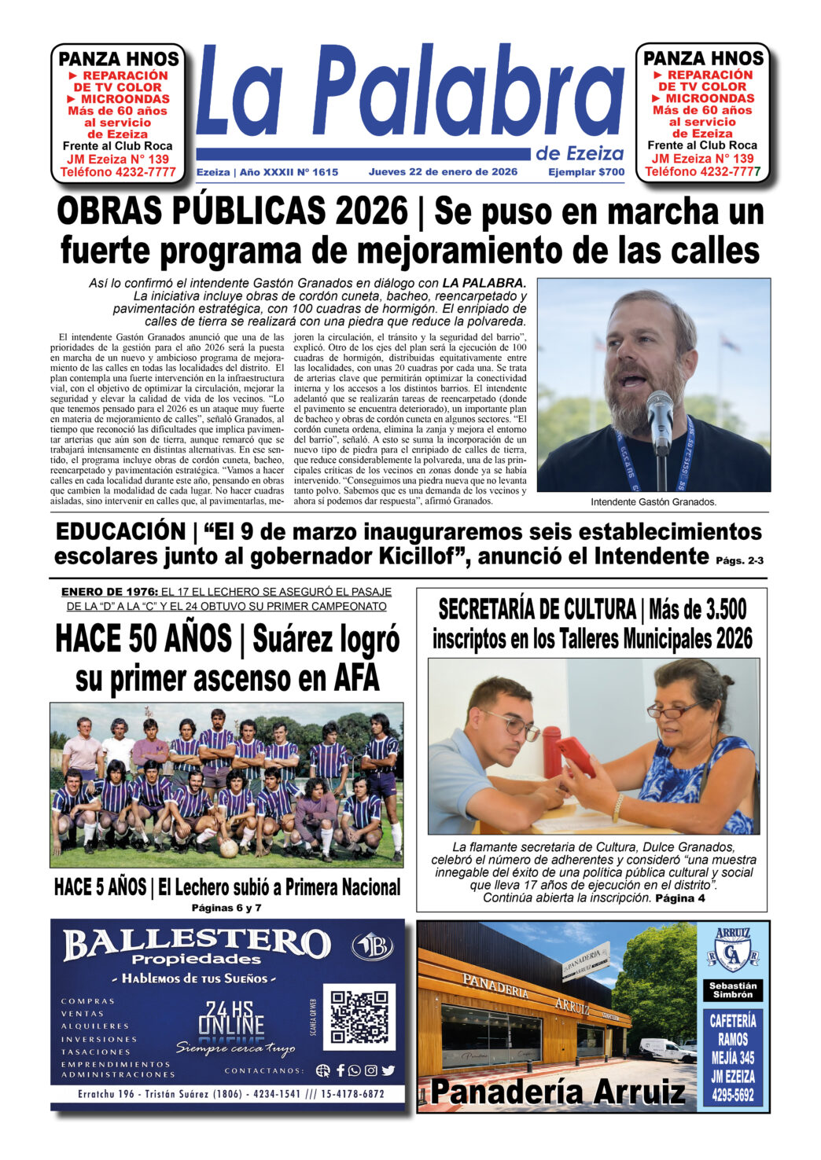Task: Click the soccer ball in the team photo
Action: pos(229,848)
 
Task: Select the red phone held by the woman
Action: pos(576,755)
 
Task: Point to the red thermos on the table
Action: pos(552,751)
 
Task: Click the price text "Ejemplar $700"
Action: pos(586,172)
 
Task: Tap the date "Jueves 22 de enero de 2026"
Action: pos(443,172)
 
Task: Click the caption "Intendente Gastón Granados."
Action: pos(653,501)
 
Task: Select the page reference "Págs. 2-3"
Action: pos(740,560)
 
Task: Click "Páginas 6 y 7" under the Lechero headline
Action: pos(226,908)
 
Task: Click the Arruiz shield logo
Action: pos(733,950)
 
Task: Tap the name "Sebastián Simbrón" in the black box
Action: pos(733,990)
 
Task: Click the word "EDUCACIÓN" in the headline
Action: pos(120,532)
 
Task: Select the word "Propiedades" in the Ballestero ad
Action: pos(196,960)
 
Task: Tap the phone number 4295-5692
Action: pos(733,1095)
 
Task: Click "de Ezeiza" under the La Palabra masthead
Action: pos(580,153)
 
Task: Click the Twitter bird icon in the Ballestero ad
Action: pos(388,1070)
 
